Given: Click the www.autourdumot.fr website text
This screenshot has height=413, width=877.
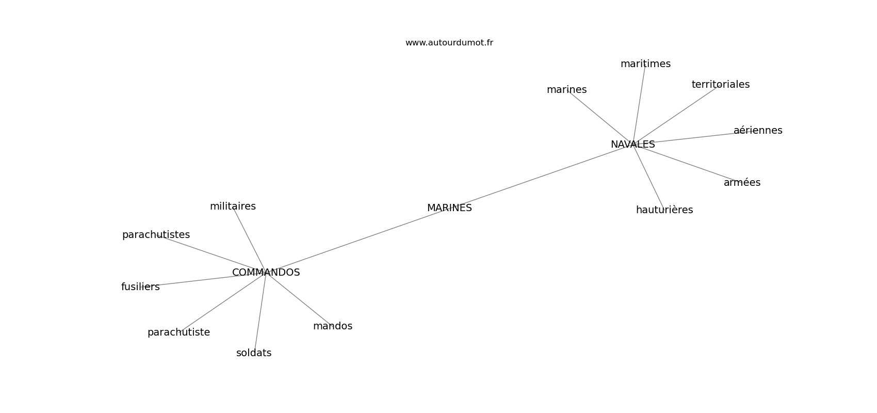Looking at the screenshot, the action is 449,43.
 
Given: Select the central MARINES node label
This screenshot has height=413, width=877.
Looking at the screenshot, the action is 449,208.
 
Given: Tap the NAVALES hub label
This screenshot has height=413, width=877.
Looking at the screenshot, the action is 632,144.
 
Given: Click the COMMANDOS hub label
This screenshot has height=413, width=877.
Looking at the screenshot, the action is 266,273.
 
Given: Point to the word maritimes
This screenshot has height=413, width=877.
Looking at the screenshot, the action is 645,63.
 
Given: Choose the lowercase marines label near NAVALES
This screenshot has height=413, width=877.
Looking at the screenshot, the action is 566,90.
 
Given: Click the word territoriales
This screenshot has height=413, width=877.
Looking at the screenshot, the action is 720,84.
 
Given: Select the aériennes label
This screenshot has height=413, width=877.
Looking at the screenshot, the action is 758,130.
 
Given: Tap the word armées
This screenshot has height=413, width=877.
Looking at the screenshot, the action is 742,182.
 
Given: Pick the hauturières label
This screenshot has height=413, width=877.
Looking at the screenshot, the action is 664,210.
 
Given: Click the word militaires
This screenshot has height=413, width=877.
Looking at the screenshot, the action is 233,206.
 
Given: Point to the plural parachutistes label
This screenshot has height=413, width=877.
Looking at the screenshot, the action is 156,235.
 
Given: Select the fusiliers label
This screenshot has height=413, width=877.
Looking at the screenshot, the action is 140,287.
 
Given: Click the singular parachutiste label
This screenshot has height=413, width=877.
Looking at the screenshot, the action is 178,332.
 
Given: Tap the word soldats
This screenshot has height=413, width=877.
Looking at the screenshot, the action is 254,353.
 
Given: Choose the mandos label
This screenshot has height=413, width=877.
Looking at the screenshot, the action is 332,326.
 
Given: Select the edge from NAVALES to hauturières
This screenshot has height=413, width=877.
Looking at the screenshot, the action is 649,177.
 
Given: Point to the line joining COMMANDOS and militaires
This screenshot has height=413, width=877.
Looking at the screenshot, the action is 249,240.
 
